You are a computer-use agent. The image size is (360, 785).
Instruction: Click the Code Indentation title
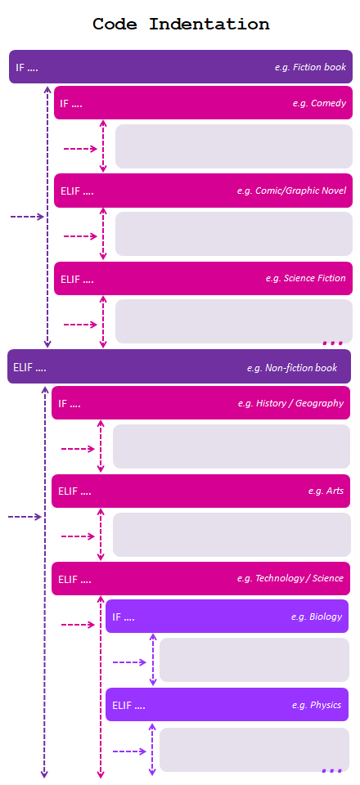click(x=181, y=24)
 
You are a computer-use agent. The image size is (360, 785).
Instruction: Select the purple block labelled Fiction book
click(x=181, y=66)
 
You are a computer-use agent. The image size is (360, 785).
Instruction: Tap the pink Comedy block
click(x=203, y=103)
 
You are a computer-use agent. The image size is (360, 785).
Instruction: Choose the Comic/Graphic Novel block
click(x=203, y=191)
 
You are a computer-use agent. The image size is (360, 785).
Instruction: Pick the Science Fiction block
click(x=203, y=278)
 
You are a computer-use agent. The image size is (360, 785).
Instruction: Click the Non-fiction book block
click(x=179, y=366)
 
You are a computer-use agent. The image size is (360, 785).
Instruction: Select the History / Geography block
click(x=200, y=402)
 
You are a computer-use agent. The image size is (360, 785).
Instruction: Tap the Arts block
click(x=200, y=491)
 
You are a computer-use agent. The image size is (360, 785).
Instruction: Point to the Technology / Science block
click(x=200, y=578)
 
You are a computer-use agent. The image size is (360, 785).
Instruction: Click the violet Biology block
click(x=227, y=617)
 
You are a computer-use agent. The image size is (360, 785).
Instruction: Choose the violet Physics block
click(x=227, y=704)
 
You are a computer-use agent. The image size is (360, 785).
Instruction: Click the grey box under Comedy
click(x=234, y=146)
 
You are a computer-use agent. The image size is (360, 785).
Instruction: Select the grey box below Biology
click(x=254, y=660)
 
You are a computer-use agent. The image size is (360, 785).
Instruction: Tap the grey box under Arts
click(x=232, y=535)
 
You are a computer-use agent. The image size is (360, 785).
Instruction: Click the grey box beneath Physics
click(x=254, y=750)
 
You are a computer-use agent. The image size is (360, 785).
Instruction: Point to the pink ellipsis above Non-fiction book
click(x=332, y=343)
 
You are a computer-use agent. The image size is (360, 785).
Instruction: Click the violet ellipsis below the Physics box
click(x=331, y=771)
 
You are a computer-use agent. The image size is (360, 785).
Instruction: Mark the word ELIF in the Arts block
click(x=68, y=491)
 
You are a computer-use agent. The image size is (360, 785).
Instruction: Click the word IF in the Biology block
click(x=116, y=617)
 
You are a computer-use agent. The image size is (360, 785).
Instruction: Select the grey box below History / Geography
click(x=232, y=446)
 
